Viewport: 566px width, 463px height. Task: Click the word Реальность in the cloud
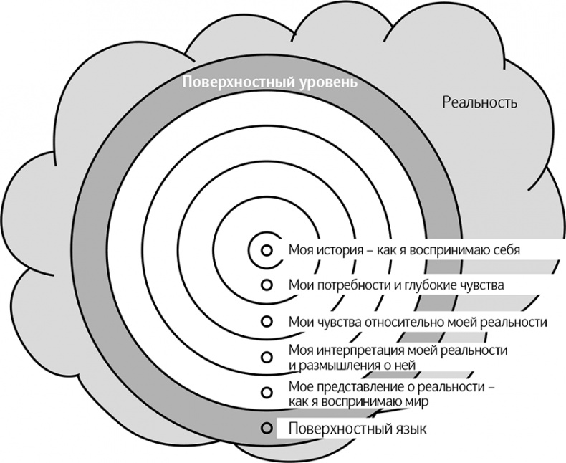point(479,102)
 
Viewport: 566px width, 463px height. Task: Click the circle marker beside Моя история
point(267,250)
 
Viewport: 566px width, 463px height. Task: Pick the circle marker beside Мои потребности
point(267,285)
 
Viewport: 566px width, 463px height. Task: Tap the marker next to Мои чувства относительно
point(267,320)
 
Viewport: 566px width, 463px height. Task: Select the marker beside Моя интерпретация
point(267,356)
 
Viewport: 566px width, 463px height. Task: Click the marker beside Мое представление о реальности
point(267,392)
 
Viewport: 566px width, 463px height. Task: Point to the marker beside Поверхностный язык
point(267,429)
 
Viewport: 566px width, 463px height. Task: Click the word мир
point(418,401)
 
